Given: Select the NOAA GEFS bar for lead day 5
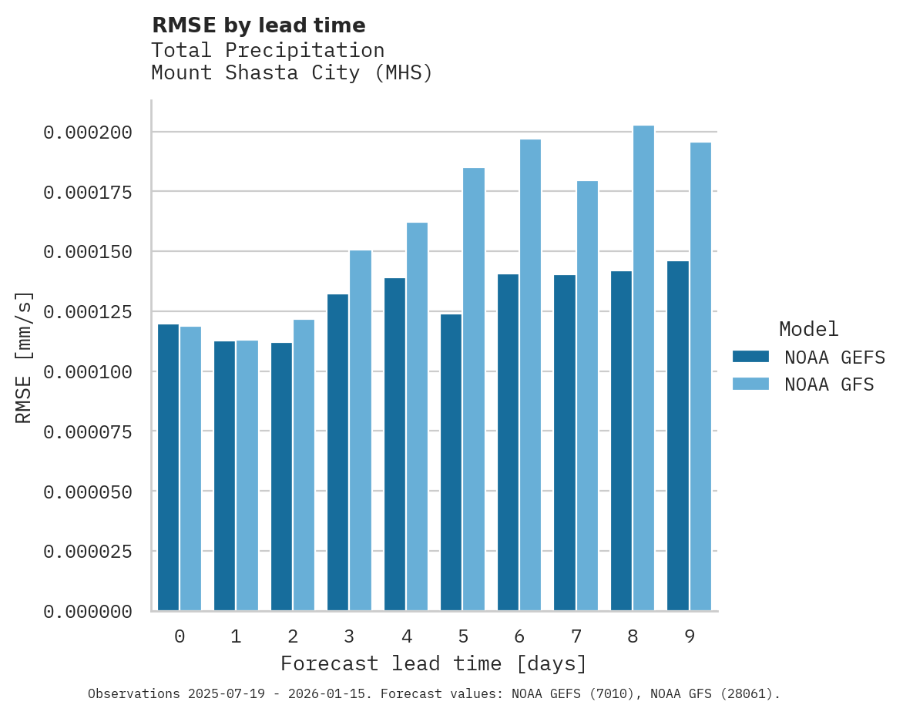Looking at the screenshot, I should pos(451,462).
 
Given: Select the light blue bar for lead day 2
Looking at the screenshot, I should pos(304,465).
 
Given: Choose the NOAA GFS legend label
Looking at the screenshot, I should pos(829,384).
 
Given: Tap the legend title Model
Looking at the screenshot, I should pos(808,329).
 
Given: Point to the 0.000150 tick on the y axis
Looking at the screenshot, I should pos(88,252).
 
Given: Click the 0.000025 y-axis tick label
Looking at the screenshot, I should pos(88,552).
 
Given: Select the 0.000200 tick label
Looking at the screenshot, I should pos(88,133).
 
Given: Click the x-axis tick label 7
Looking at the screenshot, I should pos(576,636).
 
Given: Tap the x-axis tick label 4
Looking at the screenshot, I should pos(406,636).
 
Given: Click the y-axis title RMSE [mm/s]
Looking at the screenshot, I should pos(24,357).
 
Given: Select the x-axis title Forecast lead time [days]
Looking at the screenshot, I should pos(434,663).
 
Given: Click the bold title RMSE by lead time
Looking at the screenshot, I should pos(258,25).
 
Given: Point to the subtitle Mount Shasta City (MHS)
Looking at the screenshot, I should pos(292,73).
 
